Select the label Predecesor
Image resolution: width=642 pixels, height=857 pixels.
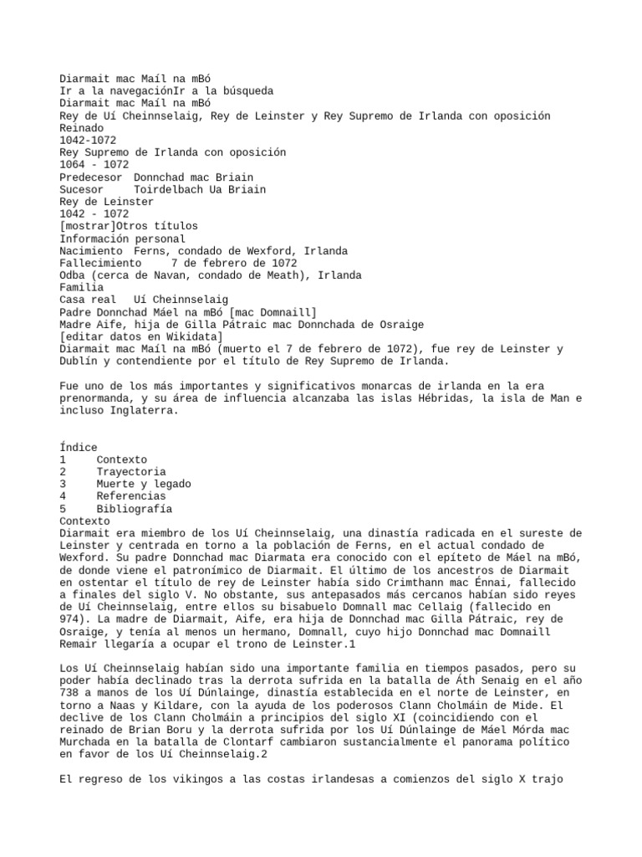[x=90, y=177]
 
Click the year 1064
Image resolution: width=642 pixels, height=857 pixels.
[x=72, y=165]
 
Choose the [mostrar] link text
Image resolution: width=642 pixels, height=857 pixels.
[x=88, y=226]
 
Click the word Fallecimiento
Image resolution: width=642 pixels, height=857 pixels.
[x=99, y=263]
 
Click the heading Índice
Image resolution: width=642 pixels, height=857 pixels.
[x=79, y=448]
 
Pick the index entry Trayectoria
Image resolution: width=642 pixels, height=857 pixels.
[x=130, y=472]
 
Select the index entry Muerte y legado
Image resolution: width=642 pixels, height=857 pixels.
[x=143, y=484]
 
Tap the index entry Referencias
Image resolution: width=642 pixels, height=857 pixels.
[x=130, y=496]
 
